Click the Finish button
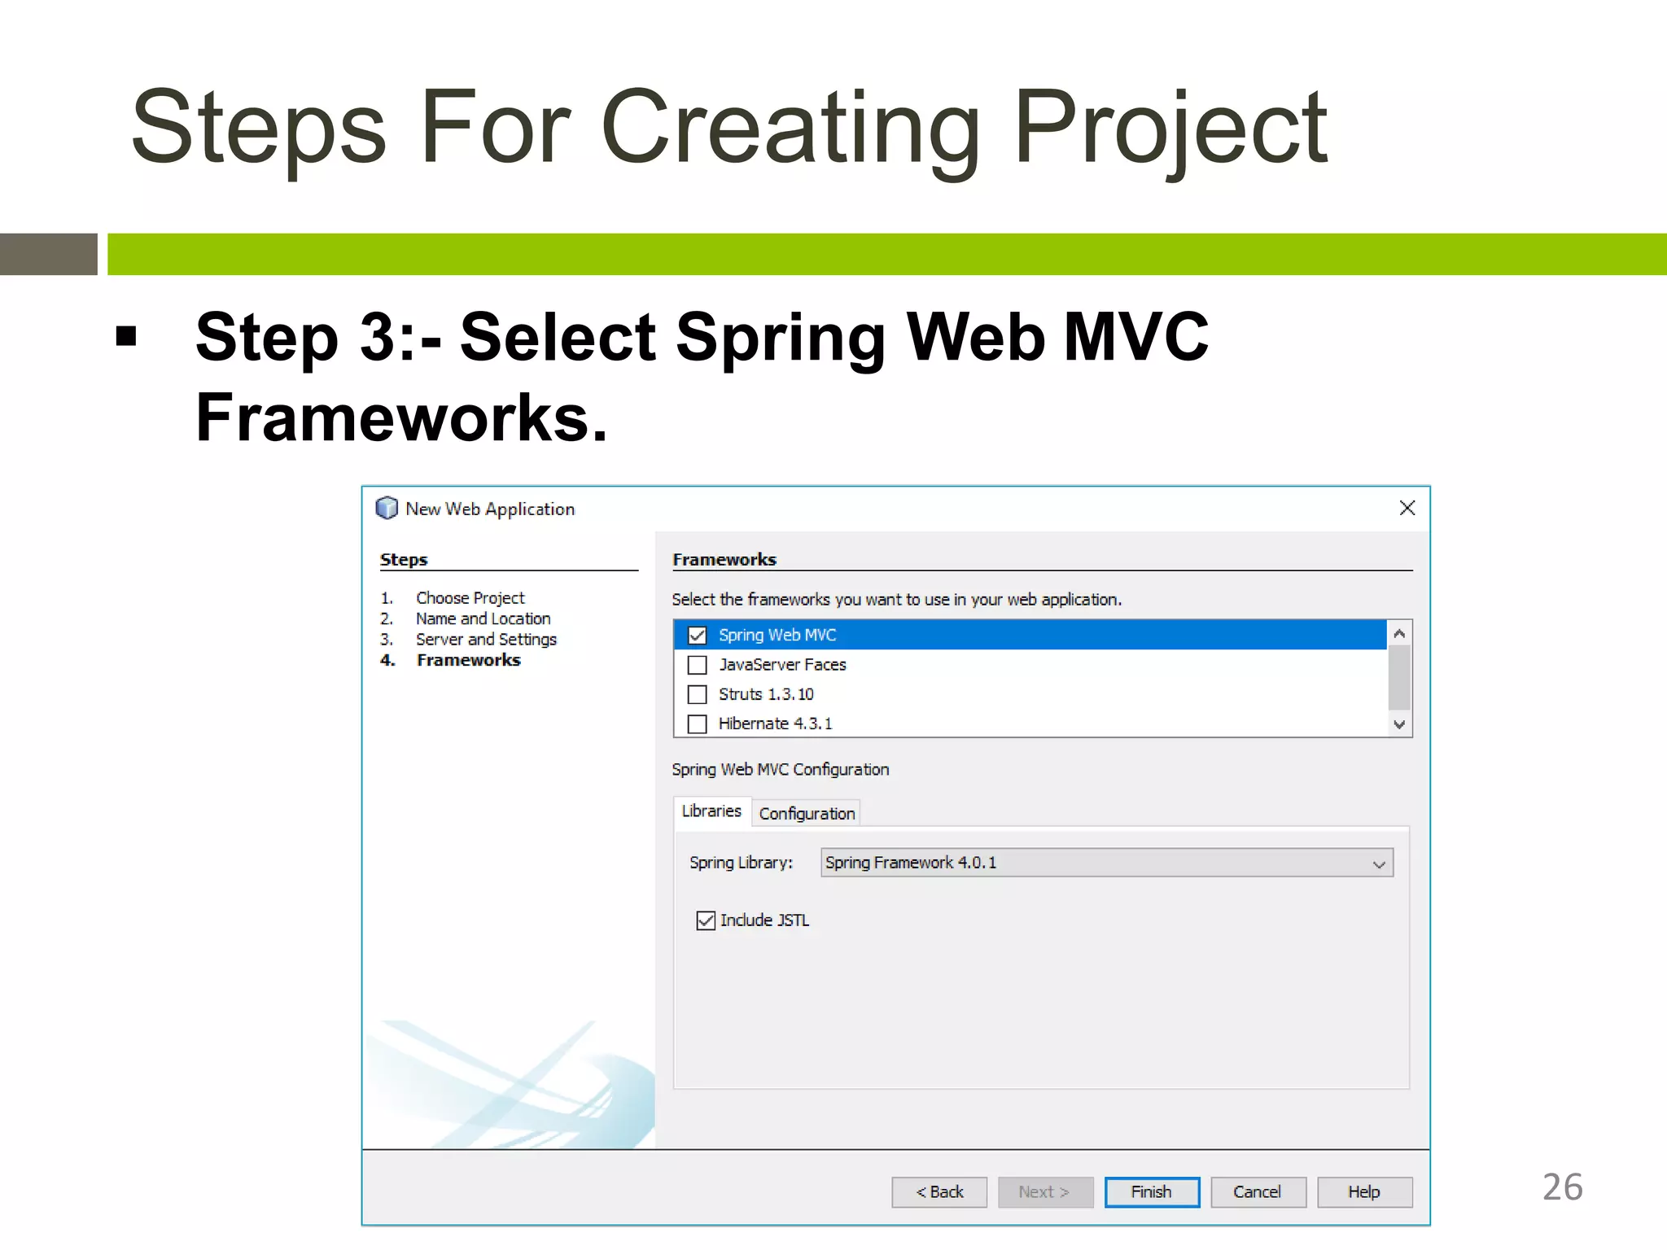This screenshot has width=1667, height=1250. [1151, 1192]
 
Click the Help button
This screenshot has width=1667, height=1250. [1363, 1192]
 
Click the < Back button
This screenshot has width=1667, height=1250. [939, 1192]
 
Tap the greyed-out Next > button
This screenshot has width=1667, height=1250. [1045, 1192]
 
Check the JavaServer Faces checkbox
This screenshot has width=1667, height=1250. [698, 665]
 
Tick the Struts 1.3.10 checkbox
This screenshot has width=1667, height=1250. [698, 694]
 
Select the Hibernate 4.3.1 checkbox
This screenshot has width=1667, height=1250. [698, 723]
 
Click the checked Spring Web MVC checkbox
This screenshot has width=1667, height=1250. [698, 635]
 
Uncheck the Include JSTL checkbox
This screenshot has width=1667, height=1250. [706, 920]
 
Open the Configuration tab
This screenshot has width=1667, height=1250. [807, 813]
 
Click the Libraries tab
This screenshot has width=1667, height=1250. [711, 811]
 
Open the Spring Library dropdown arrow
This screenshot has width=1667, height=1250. [1378, 863]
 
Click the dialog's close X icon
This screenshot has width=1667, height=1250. [1407, 508]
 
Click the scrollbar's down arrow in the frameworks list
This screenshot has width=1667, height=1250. [1399, 724]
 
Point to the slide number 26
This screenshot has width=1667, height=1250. [1562, 1187]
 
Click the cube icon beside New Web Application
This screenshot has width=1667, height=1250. [387, 508]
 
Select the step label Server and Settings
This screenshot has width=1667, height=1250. [486, 640]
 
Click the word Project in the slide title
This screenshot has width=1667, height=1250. [1170, 129]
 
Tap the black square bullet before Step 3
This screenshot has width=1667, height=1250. [126, 335]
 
